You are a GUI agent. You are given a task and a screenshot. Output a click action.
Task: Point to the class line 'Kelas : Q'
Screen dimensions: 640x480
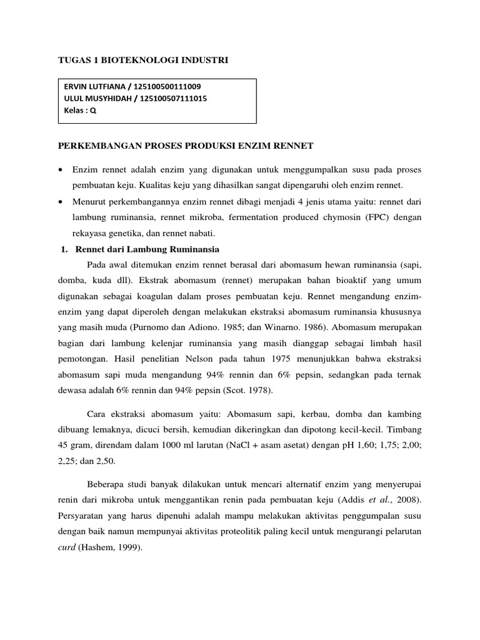point(81,111)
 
